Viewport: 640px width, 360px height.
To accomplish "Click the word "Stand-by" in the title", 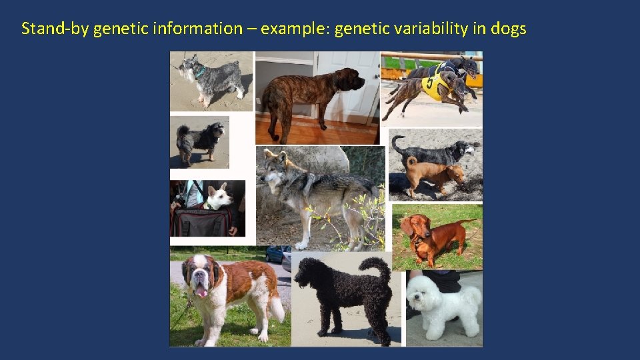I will (x=55, y=29).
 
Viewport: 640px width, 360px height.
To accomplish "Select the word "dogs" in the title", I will (x=508, y=29).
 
